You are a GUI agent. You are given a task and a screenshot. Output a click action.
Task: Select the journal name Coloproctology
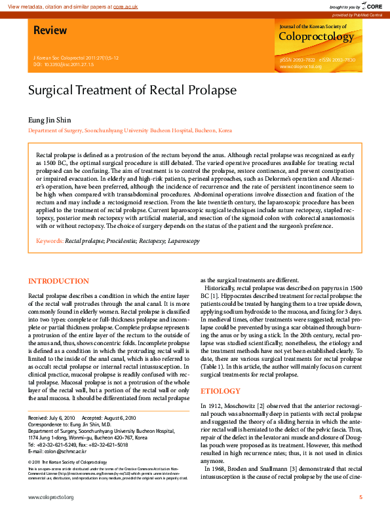point(316,37)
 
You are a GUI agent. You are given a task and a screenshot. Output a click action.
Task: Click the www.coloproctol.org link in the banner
point(300,66)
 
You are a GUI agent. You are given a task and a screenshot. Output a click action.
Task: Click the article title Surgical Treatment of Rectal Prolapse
point(132,90)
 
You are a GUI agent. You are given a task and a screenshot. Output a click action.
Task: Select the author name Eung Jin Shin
point(49,120)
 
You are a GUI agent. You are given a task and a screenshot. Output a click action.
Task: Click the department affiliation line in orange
point(130,131)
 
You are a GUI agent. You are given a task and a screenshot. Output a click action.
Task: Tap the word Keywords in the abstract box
point(49,241)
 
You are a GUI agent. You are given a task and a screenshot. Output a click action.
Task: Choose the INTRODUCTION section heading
point(58,282)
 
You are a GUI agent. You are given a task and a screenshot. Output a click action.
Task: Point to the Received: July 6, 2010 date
point(51,418)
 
